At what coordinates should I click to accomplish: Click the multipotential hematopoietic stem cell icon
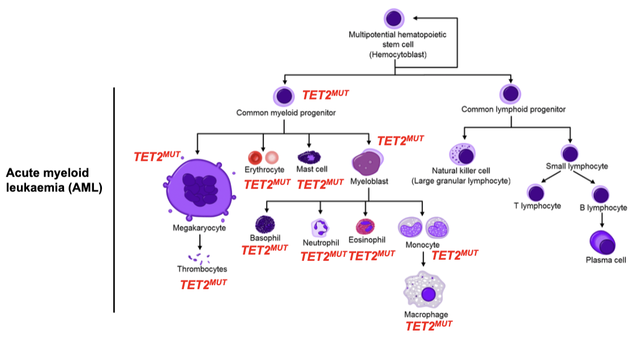point(395,18)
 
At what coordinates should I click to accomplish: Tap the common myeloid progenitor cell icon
point(284,96)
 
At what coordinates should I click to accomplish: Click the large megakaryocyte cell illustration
point(198,189)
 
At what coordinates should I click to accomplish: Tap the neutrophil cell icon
point(320,228)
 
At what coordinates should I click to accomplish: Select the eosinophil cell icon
point(365,226)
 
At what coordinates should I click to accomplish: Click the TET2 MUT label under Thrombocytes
point(203,285)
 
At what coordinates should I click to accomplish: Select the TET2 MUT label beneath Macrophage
point(429,325)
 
